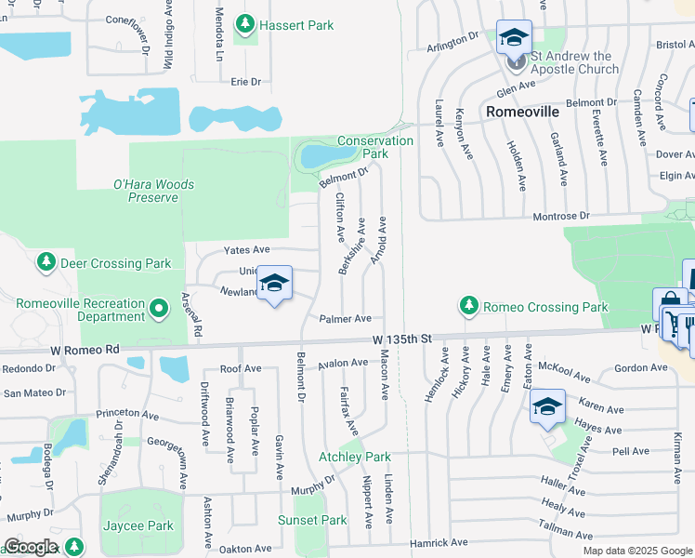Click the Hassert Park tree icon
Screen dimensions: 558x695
pyautogui.click(x=245, y=23)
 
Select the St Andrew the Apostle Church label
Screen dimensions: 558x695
pyautogui.click(x=573, y=62)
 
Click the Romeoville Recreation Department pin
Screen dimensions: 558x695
pyautogui.click(x=159, y=307)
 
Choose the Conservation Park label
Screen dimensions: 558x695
pyautogui.click(x=375, y=147)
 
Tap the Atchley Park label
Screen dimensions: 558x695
pyautogui.click(x=355, y=457)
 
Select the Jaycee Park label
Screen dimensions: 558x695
pyautogui.click(x=137, y=525)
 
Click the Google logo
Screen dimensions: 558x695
pyautogui.click(x=30, y=547)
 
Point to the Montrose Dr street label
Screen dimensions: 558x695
pyautogui.click(x=560, y=216)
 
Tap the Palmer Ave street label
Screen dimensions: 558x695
pyautogui.click(x=346, y=319)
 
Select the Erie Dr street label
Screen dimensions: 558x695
pyautogui.click(x=246, y=82)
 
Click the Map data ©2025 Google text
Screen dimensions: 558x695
pyautogui.click(x=636, y=551)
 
